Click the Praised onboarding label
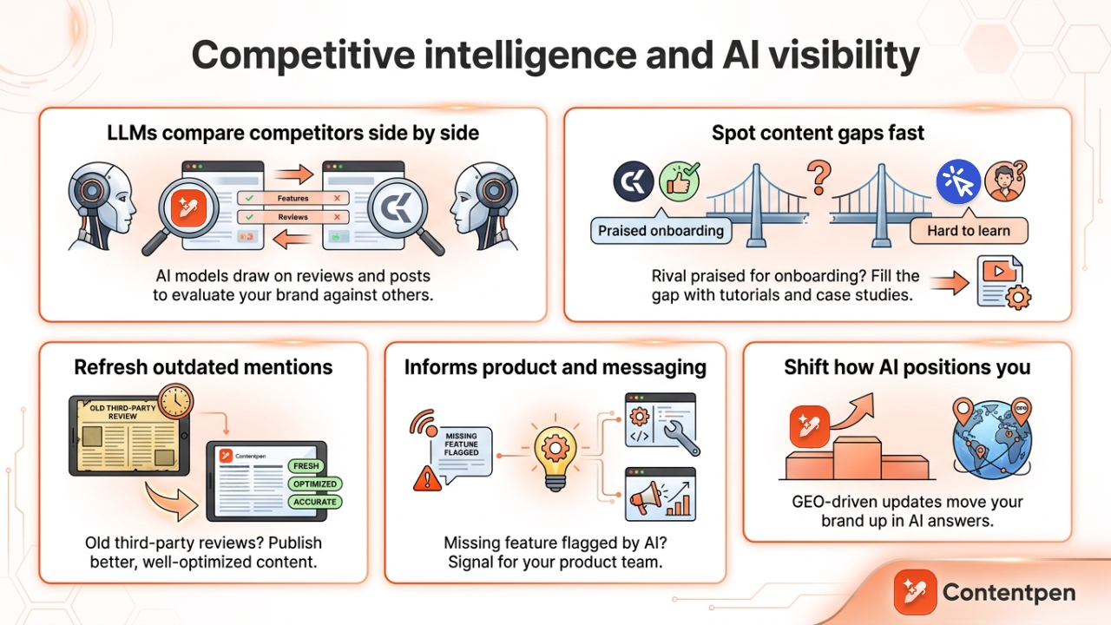661,231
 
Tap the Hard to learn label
969,231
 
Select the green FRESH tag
306,466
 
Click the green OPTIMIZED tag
314,484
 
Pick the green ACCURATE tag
314,501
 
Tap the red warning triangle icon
425,477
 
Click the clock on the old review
176,403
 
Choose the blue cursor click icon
958,181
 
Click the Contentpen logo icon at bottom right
915,592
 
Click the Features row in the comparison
293,198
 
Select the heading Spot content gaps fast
818,133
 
